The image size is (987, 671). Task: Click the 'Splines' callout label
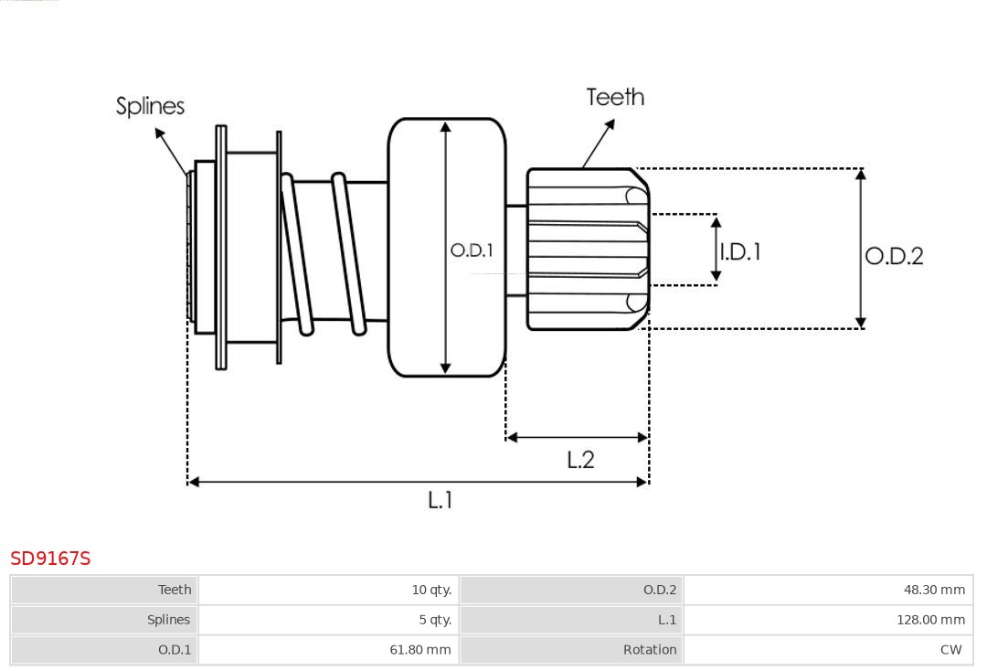pos(150,106)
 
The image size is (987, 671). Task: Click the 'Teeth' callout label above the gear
pos(615,97)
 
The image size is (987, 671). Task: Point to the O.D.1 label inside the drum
pos(472,250)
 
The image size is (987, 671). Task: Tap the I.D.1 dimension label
pos(740,251)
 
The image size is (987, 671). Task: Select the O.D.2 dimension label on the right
pos(894,256)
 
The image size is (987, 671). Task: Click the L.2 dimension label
pos(580,460)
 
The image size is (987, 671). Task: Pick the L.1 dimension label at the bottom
pos(440,500)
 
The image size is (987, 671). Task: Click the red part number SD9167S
pos(50,559)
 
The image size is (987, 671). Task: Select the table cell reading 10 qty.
pos(328,590)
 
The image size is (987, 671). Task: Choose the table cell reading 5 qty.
pos(328,620)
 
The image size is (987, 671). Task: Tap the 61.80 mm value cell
pos(328,650)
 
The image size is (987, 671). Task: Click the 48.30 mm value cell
pos(828,590)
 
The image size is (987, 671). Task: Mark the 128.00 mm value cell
pos(828,620)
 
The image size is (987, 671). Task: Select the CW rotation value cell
pos(828,650)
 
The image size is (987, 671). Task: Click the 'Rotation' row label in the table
pos(571,650)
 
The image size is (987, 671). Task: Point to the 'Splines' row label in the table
pos(104,620)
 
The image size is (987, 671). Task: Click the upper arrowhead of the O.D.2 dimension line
pos(860,174)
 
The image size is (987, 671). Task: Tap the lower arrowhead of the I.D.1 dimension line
pos(716,277)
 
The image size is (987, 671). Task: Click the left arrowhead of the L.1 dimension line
pos(193,482)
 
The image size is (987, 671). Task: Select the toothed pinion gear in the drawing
pos(585,249)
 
